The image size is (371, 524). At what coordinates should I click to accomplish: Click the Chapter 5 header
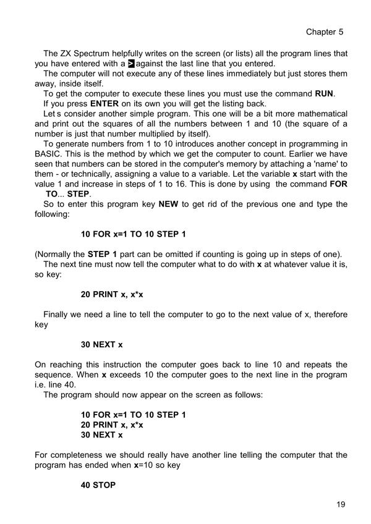click(x=325, y=32)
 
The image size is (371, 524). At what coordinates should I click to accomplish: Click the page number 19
click(x=341, y=505)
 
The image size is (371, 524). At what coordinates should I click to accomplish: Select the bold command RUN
click(x=324, y=93)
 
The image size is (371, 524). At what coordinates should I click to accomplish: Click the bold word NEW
click(x=168, y=205)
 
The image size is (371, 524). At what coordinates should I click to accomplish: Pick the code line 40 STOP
click(x=98, y=485)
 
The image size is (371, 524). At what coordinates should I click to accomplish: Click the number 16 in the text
click(x=183, y=184)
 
